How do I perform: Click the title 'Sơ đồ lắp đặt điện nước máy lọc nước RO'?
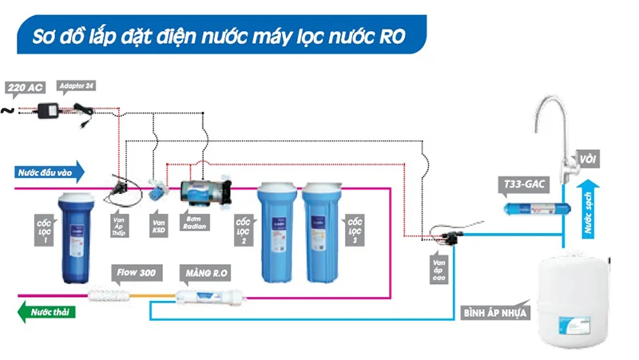click(216, 36)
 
